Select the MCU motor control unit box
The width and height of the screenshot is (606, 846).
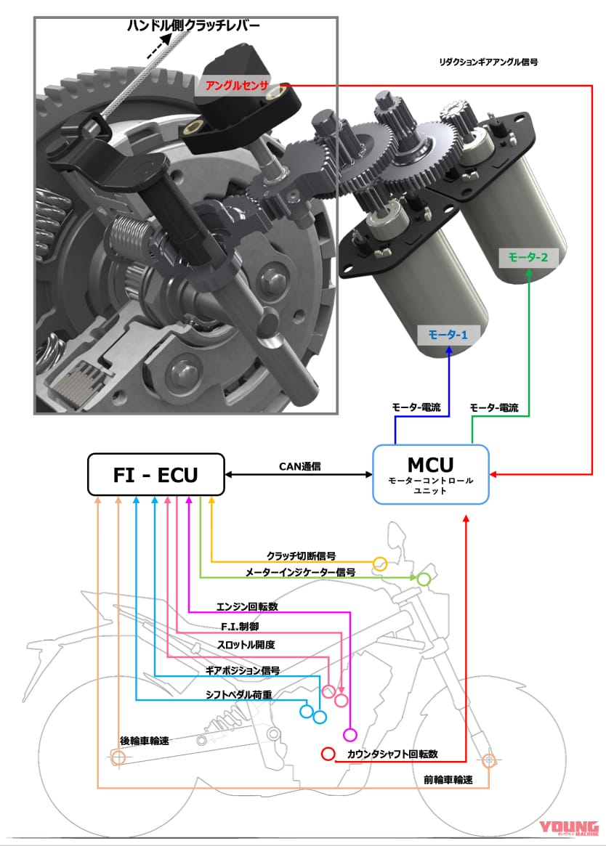point(431,473)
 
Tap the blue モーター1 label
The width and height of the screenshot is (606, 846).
point(448,335)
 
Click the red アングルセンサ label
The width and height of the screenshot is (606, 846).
point(237,86)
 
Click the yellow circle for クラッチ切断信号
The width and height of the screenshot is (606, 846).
point(379,564)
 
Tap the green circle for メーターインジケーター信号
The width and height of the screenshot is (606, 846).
point(423,579)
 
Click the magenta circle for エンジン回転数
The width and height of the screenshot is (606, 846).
point(351,733)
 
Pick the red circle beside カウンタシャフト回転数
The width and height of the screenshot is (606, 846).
point(328,755)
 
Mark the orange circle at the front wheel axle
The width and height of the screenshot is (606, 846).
point(489,759)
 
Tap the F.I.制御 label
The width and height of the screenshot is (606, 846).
point(240,625)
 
